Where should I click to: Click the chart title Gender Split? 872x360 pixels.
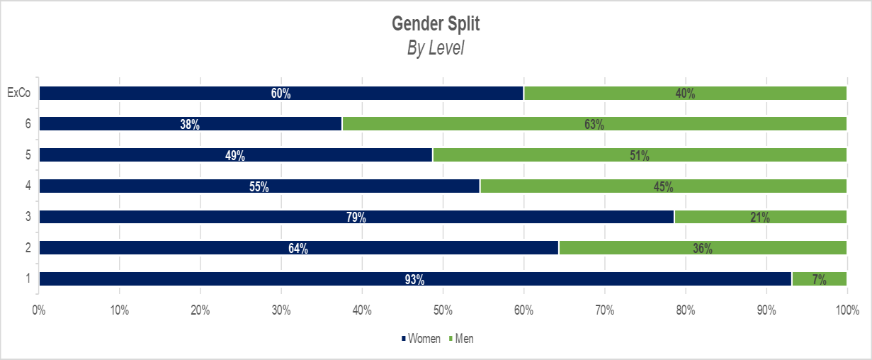click(436, 24)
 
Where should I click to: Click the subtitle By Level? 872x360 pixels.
click(436, 48)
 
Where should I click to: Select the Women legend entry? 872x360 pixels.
click(421, 339)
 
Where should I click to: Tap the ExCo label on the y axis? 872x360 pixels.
click(18, 94)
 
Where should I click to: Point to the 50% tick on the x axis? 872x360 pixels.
click(443, 310)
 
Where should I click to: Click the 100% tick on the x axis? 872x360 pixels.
click(846, 310)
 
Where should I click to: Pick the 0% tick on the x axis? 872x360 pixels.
click(39, 310)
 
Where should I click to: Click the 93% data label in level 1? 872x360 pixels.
click(415, 279)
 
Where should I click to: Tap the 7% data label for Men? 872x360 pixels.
click(820, 279)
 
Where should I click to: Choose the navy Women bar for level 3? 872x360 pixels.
click(213, 217)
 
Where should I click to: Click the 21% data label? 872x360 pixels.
click(760, 218)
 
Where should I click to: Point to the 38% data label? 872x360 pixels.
click(191, 125)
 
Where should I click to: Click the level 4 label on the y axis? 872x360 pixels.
click(28, 186)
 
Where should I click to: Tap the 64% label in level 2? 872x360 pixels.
click(298, 249)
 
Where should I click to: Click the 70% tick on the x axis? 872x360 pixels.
click(604, 310)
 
